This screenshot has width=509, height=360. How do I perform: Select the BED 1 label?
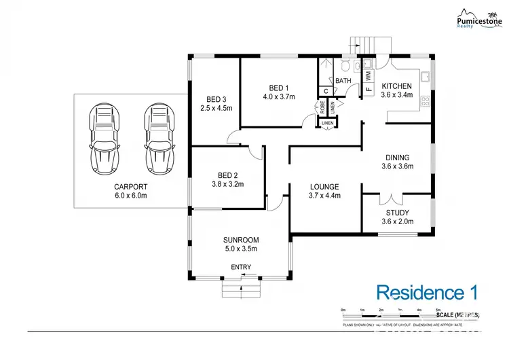pyautogui.click(x=279, y=88)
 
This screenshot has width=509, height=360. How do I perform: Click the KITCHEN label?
pyautogui.click(x=396, y=86)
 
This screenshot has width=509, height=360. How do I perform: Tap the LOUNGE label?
pyautogui.click(x=324, y=187)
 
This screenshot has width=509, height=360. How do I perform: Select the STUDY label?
pyautogui.click(x=396, y=213)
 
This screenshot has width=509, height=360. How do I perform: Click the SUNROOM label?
pyautogui.click(x=241, y=240)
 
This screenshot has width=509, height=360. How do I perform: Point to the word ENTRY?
pyautogui.click(x=241, y=267)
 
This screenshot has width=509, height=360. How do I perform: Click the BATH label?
pyautogui.click(x=343, y=81)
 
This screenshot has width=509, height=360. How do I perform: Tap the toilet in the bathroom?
pyautogui.click(x=345, y=66)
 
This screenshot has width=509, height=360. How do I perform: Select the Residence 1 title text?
pyautogui.click(x=427, y=293)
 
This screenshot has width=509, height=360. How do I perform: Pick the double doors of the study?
pyautogui.click(x=387, y=199)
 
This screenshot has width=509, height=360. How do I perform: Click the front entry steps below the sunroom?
pyautogui.click(x=241, y=290)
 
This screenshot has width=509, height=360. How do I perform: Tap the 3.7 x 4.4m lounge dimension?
pyautogui.click(x=324, y=196)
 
